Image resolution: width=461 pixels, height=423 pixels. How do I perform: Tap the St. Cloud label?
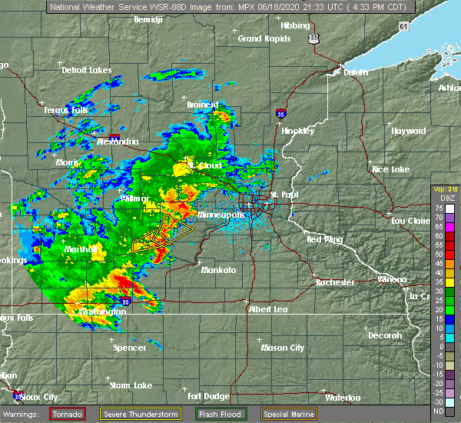pyautogui.click(x=205, y=165)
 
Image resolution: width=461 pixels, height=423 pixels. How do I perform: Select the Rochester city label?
pyautogui.click(x=335, y=282)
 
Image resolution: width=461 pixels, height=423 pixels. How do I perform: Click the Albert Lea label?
pyautogui.click(x=270, y=309)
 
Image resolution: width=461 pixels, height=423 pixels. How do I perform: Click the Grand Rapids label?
pyautogui.click(x=260, y=38)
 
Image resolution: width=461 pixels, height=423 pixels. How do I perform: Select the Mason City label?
pyautogui.click(x=283, y=348)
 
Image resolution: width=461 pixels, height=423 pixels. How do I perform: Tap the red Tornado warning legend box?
pyautogui.click(x=67, y=414)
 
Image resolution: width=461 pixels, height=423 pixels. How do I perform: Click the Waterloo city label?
pyautogui.click(x=343, y=398)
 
